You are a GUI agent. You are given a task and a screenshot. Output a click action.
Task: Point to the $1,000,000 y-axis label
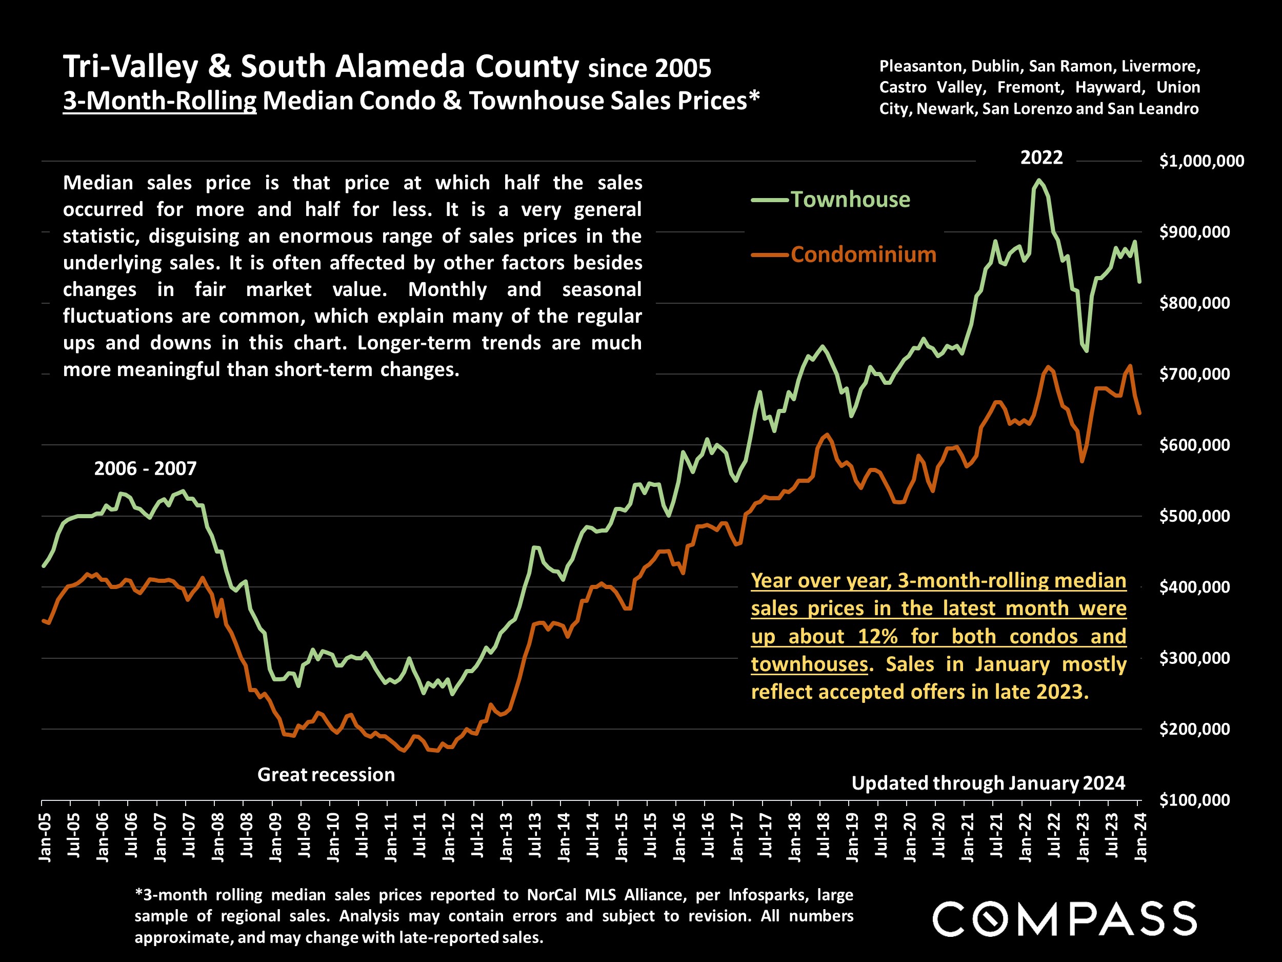[x=1201, y=161]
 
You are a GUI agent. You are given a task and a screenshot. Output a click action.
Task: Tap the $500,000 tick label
[x=1194, y=516]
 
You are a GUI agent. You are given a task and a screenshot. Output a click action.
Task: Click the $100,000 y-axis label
[x=1194, y=800]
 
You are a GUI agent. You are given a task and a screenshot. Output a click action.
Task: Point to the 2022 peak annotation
[x=1041, y=158]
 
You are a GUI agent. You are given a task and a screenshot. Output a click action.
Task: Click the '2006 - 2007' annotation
[x=145, y=468]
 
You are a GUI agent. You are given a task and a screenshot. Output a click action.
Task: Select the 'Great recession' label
[x=326, y=775]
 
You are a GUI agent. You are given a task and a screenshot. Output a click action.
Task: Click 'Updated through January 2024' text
[x=988, y=783]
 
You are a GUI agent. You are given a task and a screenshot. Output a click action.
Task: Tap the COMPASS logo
[x=1064, y=918]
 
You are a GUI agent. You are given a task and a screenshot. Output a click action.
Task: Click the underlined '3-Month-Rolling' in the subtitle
[x=159, y=101]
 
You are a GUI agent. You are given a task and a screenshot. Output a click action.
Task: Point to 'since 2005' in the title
[x=649, y=69]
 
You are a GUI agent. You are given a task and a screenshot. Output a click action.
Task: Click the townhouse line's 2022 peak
[x=1038, y=180]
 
